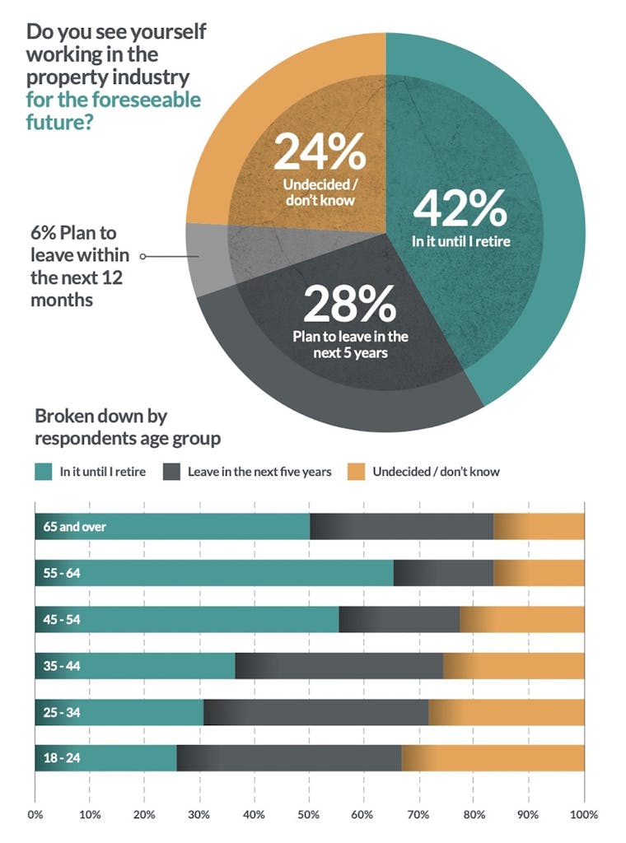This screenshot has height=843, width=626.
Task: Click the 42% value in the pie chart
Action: pyautogui.click(x=460, y=208)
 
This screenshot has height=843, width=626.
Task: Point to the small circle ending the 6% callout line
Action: pyautogui.click(x=142, y=256)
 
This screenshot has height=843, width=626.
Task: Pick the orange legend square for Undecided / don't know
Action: pyautogui.click(x=355, y=472)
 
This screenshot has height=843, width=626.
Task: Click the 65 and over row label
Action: pyautogui.click(x=75, y=527)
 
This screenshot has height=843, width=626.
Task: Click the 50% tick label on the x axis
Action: pyautogui.click(x=309, y=815)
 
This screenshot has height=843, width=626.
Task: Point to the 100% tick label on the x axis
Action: pyautogui.click(x=583, y=815)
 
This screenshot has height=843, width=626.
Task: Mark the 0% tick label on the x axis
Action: pyautogui.click(x=35, y=815)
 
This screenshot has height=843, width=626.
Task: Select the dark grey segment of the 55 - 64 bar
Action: pyautogui.click(x=443, y=573)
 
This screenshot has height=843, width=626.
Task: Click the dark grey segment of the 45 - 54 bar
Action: pyautogui.click(x=399, y=619)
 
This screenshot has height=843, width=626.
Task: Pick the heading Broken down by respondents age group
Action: pyautogui.click(x=128, y=426)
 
